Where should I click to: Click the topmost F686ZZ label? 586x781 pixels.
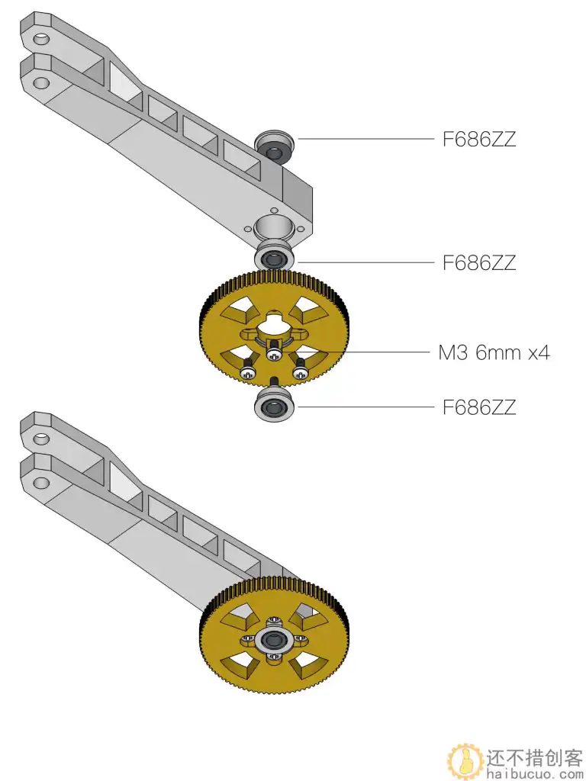tap(479, 140)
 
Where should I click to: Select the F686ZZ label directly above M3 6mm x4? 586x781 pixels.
tap(479, 263)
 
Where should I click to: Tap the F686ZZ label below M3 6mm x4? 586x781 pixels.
tap(479, 407)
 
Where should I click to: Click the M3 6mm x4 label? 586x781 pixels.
tap(494, 352)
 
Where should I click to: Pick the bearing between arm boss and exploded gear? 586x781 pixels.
tap(274, 256)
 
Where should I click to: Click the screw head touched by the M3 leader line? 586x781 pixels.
tap(275, 353)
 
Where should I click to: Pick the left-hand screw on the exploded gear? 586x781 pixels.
tap(247, 373)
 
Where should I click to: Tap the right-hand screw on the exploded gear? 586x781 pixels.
tap(301, 372)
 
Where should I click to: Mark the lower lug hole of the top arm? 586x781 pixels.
tap(42, 81)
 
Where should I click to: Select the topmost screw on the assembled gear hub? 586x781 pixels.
tap(274, 625)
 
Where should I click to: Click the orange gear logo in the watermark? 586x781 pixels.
tap(464, 760)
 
